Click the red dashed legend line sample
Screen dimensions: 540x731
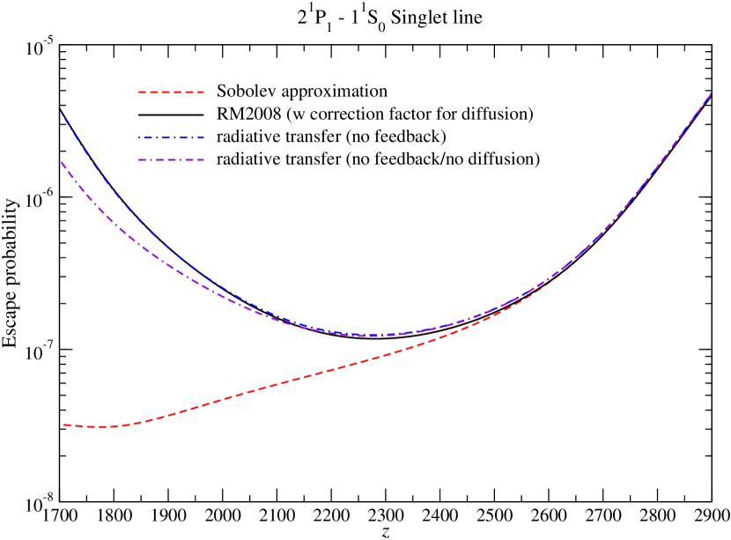[172, 92]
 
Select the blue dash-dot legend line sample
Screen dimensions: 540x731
[172, 137]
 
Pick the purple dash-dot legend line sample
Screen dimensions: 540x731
[172, 159]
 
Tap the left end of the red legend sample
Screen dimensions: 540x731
[139, 92]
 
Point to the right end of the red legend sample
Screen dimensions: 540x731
[204, 92]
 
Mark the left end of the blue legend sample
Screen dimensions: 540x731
[139, 137]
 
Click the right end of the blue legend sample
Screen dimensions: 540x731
[204, 137]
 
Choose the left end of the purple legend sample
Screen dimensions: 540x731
[139, 159]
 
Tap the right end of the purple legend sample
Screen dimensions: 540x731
[204, 159]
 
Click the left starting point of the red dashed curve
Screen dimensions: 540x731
[63, 425]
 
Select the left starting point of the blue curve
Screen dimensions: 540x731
[63, 114]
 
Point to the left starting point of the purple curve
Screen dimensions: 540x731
[62, 162]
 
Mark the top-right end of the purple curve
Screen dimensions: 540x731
[711, 93]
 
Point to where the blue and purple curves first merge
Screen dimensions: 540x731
[352, 334]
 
